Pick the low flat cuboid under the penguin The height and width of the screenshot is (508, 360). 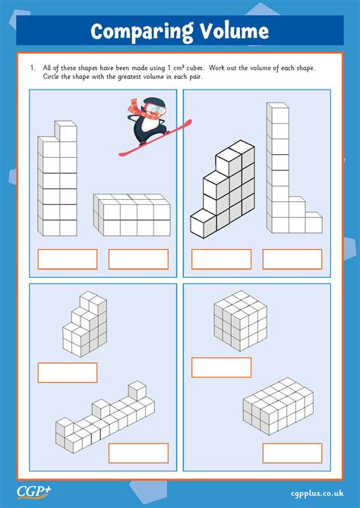pyautogui.click(x=131, y=216)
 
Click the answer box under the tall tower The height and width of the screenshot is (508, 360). pyautogui.click(x=68, y=259)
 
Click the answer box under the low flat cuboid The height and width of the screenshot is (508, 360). pyautogui.click(x=138, y=259)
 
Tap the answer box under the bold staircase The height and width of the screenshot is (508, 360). pyautogui.click(x=221, y=259)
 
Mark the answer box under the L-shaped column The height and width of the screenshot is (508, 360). pyautogui.click(x=292, y=259)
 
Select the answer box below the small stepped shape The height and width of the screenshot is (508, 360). pyautogui.click(x=68, y=373)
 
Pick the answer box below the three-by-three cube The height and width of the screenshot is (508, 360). pyautogui.click(x=221, y=368)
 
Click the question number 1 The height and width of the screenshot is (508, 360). pyautogui.click(x=33, y=68)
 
